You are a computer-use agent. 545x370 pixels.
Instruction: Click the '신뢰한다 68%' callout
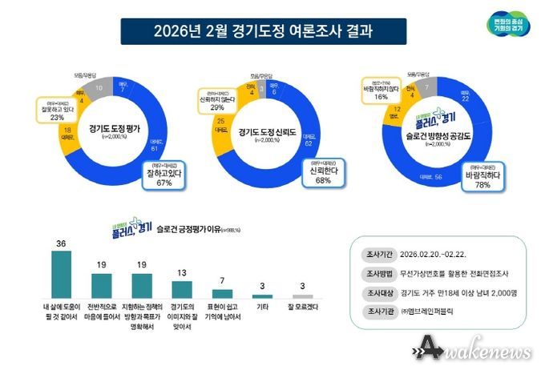[317, 175]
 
